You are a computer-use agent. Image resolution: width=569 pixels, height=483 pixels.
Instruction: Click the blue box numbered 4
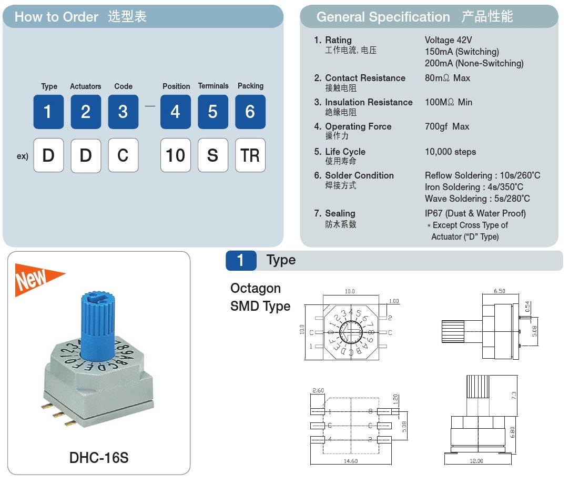[x=175, y=112]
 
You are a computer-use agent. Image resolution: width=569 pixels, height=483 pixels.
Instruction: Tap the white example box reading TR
[x=250, y=155]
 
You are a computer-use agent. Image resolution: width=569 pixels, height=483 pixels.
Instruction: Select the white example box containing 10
[x=175, y=155]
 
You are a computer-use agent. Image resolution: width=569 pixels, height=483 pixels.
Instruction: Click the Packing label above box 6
[x=250, y=86]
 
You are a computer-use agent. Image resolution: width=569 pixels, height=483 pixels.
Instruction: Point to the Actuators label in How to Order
[x=85, y=86]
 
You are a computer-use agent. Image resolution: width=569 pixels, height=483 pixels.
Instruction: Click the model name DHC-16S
[x=99, y=458]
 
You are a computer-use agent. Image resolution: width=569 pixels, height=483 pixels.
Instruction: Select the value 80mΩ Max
[x=448, y=78]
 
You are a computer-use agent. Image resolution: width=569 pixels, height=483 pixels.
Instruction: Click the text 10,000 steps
[x=450, y=152]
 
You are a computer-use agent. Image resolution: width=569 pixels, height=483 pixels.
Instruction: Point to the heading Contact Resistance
[x=365, y=78]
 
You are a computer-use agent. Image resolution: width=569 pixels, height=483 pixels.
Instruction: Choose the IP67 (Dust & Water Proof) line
[x=475, y=213]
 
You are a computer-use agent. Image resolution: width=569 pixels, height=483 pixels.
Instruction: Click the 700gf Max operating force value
[x=447, y=126]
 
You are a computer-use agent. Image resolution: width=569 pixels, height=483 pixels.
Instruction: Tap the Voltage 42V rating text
[x=448, y=40]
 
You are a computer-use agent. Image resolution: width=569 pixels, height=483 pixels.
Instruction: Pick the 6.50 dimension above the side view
[x=500, y=291]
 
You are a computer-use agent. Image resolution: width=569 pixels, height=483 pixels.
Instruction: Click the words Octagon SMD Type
[x=260, y=297]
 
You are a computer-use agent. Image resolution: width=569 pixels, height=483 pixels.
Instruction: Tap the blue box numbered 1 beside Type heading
[x=241, y=260]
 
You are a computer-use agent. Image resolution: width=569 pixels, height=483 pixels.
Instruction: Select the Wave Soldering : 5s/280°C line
[x=477, y=199]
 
